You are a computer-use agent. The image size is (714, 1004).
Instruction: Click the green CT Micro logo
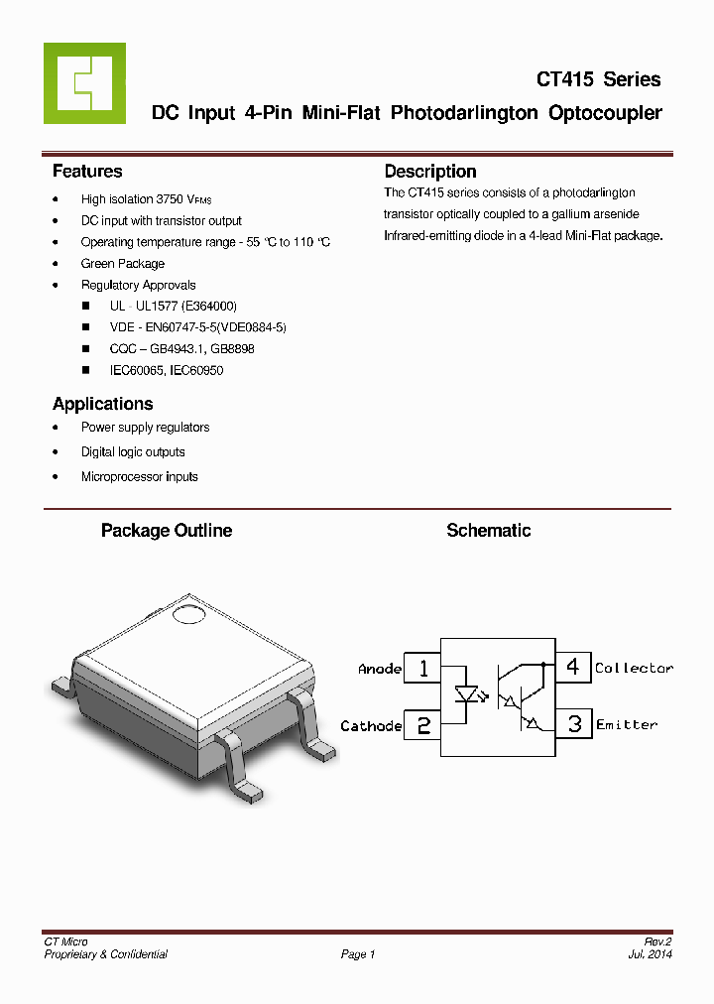coord(84,83)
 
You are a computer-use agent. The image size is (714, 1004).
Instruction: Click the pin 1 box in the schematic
coord(423,669)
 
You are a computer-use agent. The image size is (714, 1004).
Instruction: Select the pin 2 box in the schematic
coord(423,725)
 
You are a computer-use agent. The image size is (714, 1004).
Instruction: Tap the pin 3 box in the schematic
coord(574,724)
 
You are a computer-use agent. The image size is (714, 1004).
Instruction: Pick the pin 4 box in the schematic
coord(573,667)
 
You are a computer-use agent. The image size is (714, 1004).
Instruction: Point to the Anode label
coord(380,670)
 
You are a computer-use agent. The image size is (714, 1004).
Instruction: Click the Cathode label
coord(371,726)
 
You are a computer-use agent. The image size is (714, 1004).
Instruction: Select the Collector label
coord(634,669)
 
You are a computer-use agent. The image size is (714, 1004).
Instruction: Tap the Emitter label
coord(627,725)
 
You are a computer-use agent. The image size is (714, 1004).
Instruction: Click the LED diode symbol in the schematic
coord(465,695)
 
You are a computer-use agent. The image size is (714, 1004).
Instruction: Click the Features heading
coord(87,172)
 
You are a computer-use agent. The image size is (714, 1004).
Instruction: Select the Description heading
coord(430,172)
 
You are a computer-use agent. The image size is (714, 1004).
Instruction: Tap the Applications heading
coord(102,404)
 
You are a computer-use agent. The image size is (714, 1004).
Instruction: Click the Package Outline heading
coord(167,531)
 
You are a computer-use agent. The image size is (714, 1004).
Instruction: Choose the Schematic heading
coord(488,531)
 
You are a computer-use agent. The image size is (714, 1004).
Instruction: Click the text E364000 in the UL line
coord(209,307)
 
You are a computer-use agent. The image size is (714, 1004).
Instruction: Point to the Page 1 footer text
coord(358,954)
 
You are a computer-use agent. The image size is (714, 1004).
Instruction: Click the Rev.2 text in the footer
coord(658,941)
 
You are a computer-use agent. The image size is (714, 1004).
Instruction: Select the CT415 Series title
coord(598,79)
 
